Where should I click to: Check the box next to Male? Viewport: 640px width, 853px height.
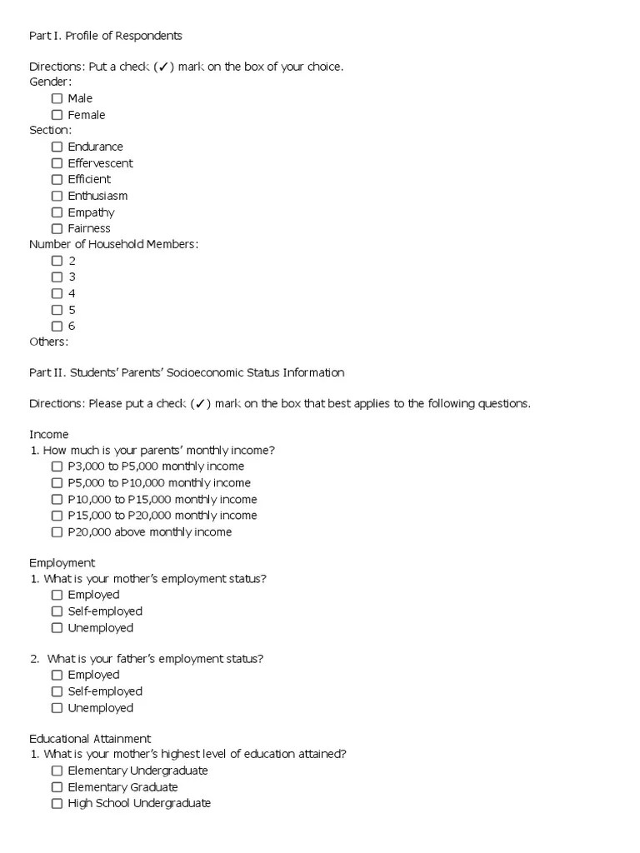click(57, 98)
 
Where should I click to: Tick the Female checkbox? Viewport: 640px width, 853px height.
click(57, 115)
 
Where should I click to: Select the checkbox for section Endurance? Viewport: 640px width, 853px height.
click(57, 147)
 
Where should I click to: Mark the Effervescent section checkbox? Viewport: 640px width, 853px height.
click(57, 163)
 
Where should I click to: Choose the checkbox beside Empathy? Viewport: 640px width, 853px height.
click(57, 212)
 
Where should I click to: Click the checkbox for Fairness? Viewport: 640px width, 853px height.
click(57, 228)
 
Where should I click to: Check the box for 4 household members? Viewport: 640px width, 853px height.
click(57, 293)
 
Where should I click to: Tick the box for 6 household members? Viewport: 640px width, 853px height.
click(57, 326)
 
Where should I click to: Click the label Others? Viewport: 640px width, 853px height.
click(49, 342)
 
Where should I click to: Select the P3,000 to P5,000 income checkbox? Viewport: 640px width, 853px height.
click(57, 466)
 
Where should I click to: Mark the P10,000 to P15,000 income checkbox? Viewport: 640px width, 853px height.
click(57, 500)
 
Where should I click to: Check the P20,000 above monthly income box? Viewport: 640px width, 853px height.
click(57, 532)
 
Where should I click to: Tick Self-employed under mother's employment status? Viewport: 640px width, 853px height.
click(57, 611)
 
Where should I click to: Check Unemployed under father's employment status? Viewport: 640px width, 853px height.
click(57, 708)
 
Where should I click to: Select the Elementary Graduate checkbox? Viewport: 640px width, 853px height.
click(57, 787)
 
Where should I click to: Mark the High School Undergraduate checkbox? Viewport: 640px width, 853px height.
click(57, 804)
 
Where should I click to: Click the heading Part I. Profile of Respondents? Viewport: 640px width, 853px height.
click(106, 36)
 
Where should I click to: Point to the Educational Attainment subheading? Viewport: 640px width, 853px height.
click(90, 738)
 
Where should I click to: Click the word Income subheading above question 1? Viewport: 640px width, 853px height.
click(49, 435)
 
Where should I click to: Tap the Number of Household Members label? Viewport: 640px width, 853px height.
click(114, 244)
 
